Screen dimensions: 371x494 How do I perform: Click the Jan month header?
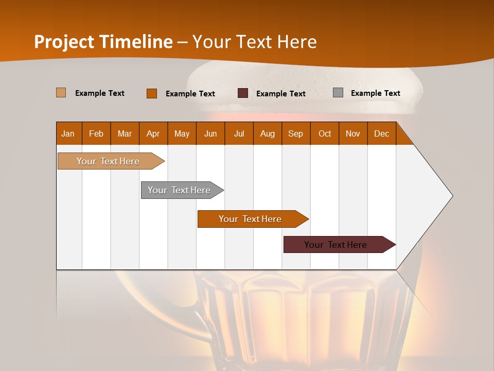pyautogui.click(x=68, y=133)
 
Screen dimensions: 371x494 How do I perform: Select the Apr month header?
pyautogui.click(x=153, y=133)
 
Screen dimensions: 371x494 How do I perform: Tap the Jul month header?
pyautogui.click(x=239, y=133)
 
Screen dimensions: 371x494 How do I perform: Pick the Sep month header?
pyautogui.click(x=295, y=133)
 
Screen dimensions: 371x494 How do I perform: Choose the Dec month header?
pyautogui.click(x=381, y=133)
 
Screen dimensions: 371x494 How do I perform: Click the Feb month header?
pyautogui.click(x=96, y=133)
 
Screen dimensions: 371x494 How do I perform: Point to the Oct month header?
pyautogui.click(x=325, y=133)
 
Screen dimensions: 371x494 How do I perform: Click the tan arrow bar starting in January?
pyautogui.click(x=108, y=161)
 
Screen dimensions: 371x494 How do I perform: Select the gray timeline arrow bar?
pyautogui.click(x=179, y=190)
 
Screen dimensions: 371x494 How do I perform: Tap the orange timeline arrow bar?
pyautogui.click(x=250, y=219)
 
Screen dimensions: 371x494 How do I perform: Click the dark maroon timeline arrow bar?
pyautogui.click(x=336, y=245)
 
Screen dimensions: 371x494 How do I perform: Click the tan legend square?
pyautogui.click(x=61, y=93)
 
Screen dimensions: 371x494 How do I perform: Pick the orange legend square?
pyautogui.click(x=152, y=93)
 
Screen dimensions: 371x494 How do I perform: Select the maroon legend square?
pyautogui.click(x=243, y=93)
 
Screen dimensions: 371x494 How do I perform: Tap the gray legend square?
pyautogui.click(x=338, y=93)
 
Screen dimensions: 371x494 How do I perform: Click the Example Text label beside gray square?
pyautogui.click(x=375, y=93)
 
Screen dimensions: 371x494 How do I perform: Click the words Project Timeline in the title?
pyautogui.click(x=103, y=42)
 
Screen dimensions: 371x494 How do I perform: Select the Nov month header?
pyautogui.click(x=353, y=133)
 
